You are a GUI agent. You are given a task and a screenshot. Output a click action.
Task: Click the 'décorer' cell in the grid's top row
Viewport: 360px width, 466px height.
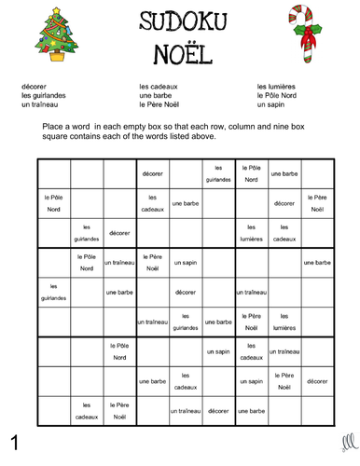(x=152, y=172)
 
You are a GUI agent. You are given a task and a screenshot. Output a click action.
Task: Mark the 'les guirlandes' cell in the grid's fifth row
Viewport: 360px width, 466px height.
(x=53, y=292)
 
